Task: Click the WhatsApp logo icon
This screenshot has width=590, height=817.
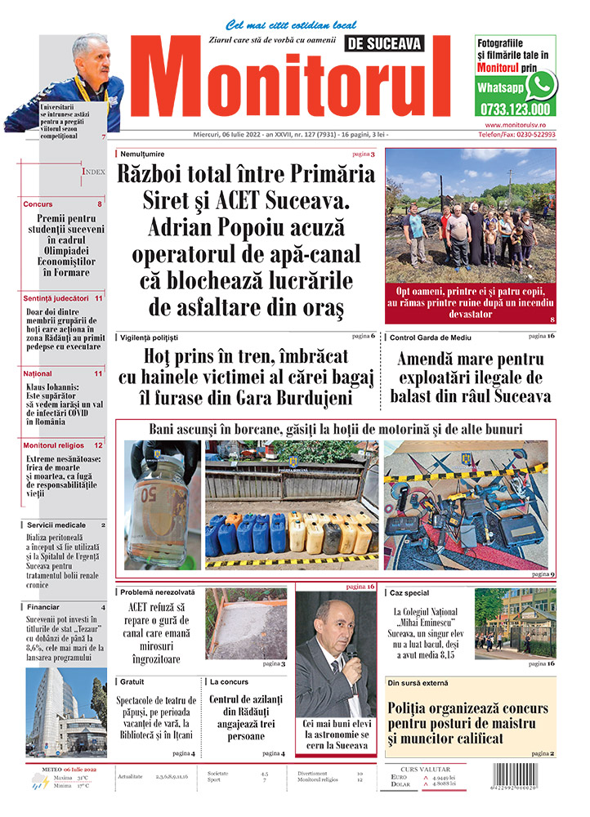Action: point(540,85)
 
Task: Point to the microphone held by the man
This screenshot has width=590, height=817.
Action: point(352,656)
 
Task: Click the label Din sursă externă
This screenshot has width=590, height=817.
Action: point(418,682)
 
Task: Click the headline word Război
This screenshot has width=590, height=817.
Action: point(161,174)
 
